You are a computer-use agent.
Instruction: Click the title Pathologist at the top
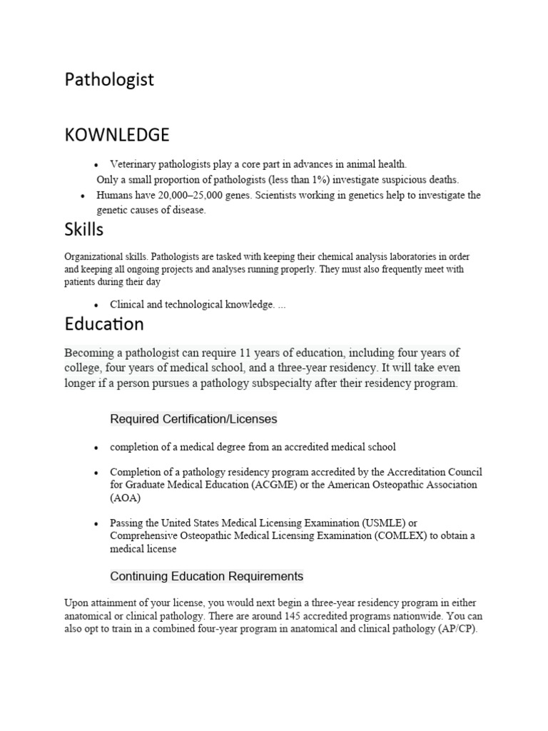[x=109, y=80]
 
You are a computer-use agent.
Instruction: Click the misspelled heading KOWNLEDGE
[x=117, y=134]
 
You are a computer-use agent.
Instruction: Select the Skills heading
[x=83, y=229]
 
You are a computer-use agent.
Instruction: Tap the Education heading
[x=103, y=324]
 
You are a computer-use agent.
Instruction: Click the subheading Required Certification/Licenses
[x=193, y=419]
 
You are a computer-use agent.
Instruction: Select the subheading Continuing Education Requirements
[x=206, y=576]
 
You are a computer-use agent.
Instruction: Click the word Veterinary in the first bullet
[x=133, y=163]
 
